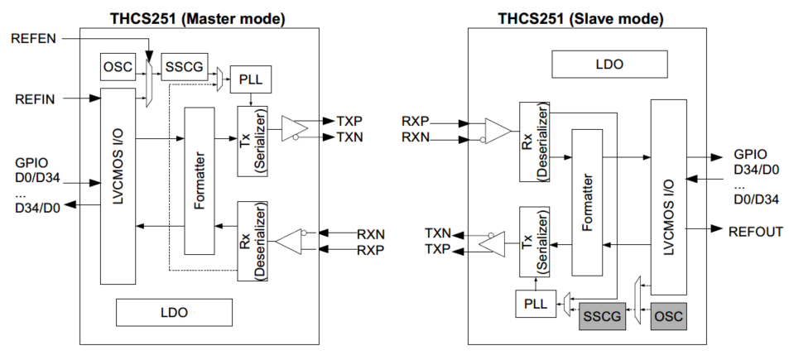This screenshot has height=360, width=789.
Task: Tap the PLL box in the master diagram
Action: pyautogui.click(x=250, y=79)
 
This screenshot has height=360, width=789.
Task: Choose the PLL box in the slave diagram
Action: pyautogui.click(x=534, y=304)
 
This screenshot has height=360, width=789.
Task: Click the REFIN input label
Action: pyautogui.click(x=35, y=99)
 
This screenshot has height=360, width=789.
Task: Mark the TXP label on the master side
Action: pyautogui.click(x=349, y=120)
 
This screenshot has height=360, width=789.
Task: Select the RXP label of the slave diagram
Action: pyautogui.click(x=416, y=121)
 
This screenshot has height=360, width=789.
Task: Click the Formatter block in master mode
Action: pyautogui.click(x=198, y=180)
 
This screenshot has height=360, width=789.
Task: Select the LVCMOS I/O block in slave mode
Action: pyautogui.click(x=669, y=195)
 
